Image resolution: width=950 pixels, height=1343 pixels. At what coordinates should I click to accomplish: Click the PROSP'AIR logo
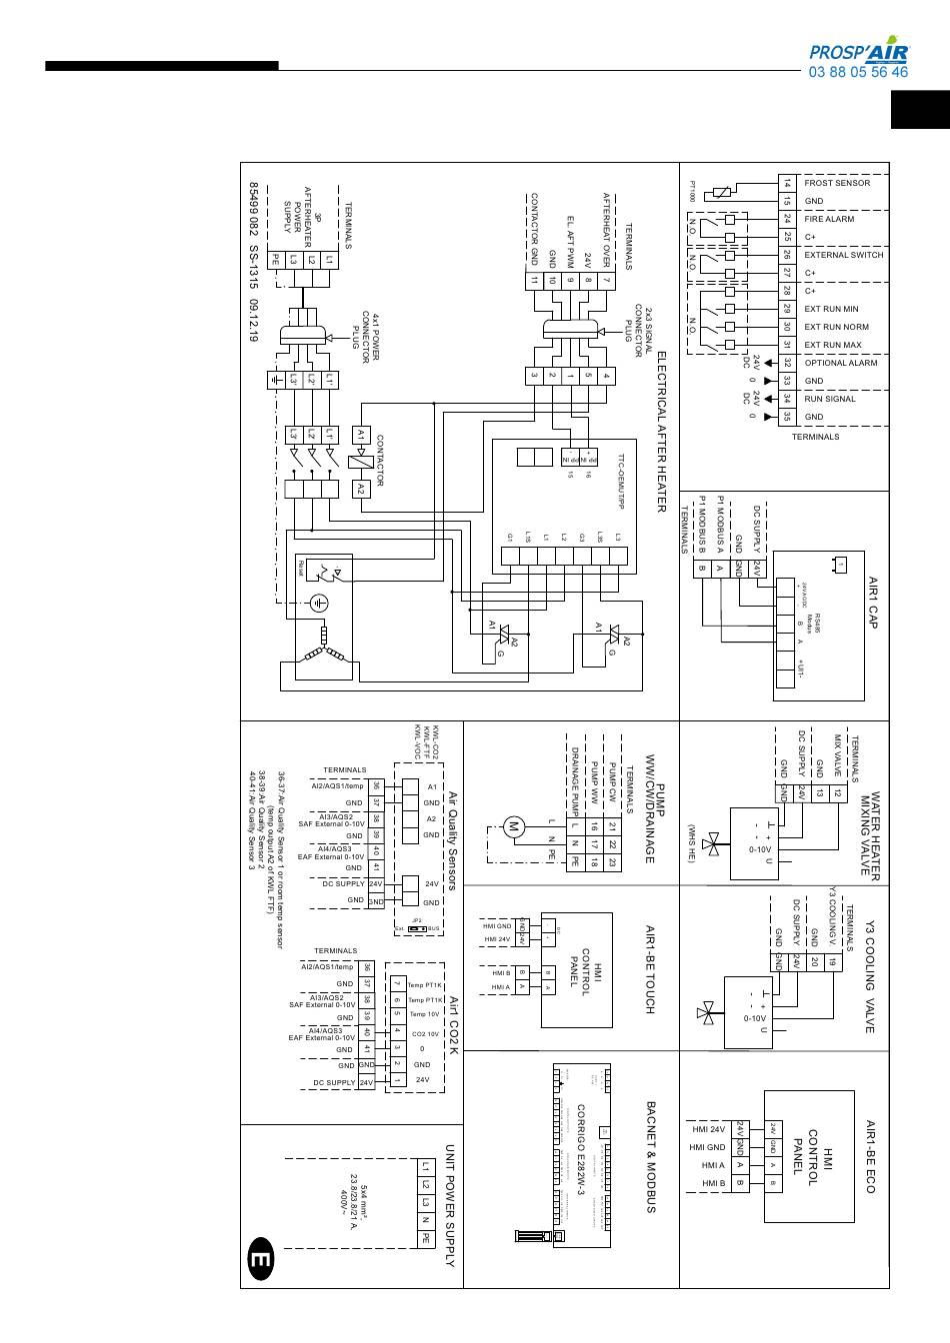(x=858, y=52)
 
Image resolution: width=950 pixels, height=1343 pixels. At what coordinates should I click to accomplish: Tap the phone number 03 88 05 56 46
(x=858, y=72)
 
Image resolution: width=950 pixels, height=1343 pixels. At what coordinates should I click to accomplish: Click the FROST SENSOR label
(x=837, y=183)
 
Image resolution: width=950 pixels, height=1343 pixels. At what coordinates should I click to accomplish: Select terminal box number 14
(x=787, y=183)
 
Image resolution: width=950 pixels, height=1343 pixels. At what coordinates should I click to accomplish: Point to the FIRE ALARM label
(x=829, y=219)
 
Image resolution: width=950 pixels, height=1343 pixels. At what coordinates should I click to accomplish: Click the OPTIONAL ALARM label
(x=840, y=363)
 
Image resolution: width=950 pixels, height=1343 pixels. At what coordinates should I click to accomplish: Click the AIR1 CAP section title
(x=871, y=602)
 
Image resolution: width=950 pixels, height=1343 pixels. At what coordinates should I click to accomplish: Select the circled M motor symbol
(x=514, y=825)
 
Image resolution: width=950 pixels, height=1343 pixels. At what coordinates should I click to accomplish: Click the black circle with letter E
(x=260, y=1261)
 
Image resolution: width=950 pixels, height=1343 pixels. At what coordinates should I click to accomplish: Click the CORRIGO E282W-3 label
(x=580, y=1155)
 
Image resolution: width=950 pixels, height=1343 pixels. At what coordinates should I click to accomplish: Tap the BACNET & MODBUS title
(x=650, y=1157)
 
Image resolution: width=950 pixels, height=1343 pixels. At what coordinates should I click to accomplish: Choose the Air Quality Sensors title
(x=451, y=839)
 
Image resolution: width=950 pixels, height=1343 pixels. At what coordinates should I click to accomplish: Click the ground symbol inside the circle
(x=318, y=603)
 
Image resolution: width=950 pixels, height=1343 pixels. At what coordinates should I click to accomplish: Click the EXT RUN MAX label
(x=832, y=345)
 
